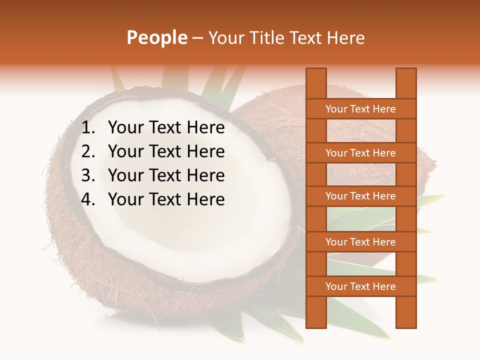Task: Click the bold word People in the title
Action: (x=157, y=38)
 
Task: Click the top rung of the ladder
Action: (x=360, y=109)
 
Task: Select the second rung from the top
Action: (x=360, y=153)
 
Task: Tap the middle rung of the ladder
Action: (x=360, y=196)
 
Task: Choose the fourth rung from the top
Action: (x=360, y=242)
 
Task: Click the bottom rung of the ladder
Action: (x=360, y=286)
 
